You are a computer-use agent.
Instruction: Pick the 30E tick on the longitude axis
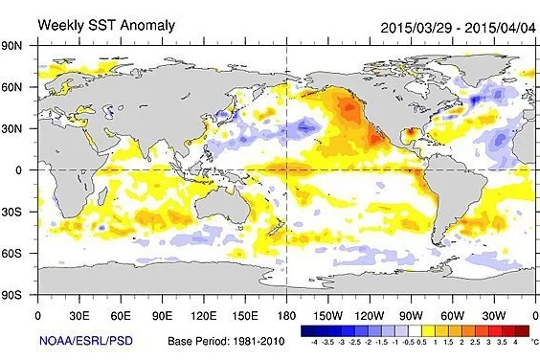(x=79, y=314)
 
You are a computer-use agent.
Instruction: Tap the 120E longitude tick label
(x=203, y=314)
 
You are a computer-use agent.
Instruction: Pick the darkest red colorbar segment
(x=514, y=328)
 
